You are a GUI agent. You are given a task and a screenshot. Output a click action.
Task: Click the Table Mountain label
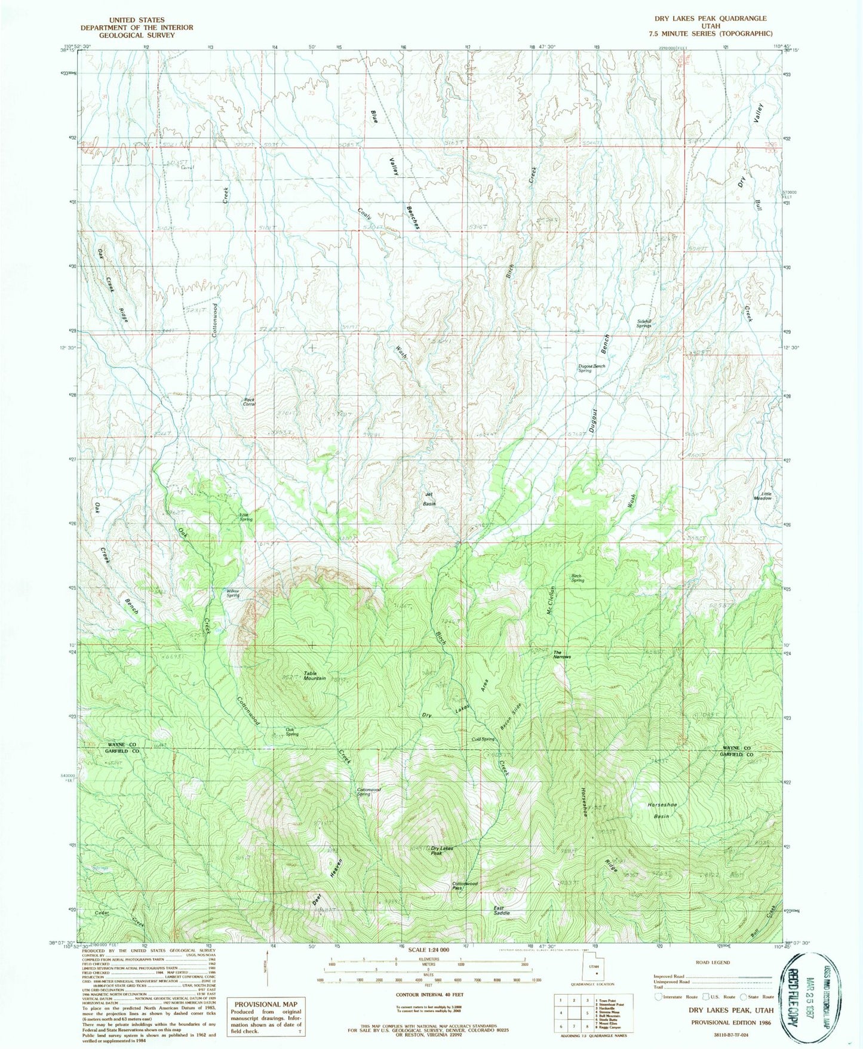click(x=314, y=676)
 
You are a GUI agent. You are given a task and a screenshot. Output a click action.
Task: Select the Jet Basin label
click(x=429, y=499)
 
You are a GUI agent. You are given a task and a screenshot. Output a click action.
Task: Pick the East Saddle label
click(x=501, y=910)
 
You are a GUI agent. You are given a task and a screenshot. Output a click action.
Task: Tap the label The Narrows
click(x=561, y=654)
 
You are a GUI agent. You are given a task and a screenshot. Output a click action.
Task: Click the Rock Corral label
click(x=249, y=402)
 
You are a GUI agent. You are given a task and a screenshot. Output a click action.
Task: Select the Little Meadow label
click(x=763, y=496)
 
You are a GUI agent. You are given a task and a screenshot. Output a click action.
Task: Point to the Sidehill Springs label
click(x=643, y=323)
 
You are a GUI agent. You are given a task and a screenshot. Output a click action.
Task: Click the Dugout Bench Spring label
click(x=591, y=368)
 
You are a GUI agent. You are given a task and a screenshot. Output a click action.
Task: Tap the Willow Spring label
click(x=232, y=593)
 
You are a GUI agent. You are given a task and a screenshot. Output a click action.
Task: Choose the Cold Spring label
click(x=483, y=739)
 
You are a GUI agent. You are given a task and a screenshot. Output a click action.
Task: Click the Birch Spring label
click(x=577, y=578)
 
